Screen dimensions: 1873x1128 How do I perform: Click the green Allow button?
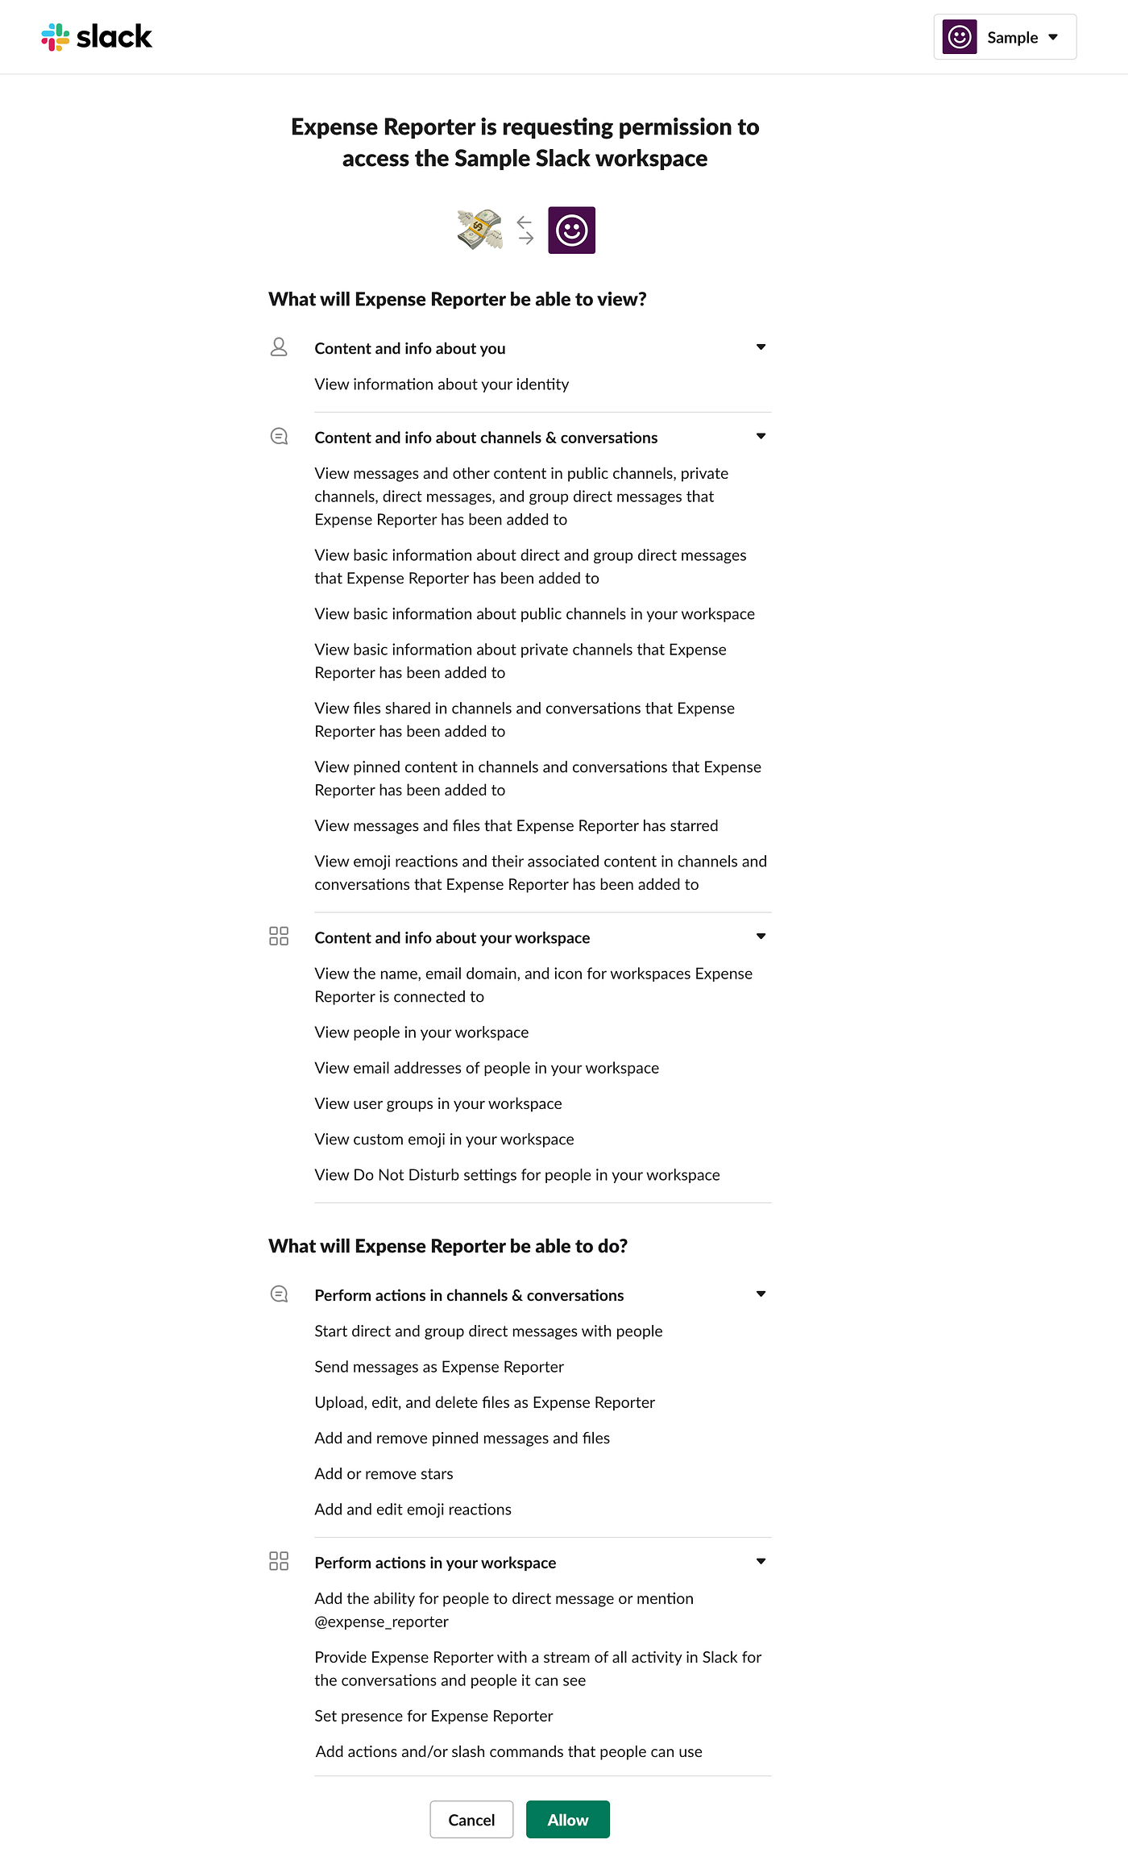coord(567,1819)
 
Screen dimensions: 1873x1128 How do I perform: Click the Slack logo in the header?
coord(97,37)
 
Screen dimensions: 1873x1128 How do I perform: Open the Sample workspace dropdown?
coord(1005,37)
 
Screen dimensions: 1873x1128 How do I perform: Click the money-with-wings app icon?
coord(479,230)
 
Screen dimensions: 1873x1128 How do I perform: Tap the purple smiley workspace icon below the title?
coord(571,230)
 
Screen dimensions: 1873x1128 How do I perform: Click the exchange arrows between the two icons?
coord(525,230)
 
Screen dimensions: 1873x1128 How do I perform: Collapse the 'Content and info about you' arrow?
coord(761,347)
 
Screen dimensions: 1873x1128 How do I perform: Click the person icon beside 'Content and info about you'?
coord(279,347)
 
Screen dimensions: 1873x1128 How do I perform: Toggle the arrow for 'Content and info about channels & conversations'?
coord(761,437)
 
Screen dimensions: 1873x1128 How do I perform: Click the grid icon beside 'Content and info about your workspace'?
coord(279,936)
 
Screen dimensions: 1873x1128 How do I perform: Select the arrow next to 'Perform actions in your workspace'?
coord(761,1561)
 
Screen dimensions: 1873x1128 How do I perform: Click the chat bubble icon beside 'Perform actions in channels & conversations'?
coord(279,1294)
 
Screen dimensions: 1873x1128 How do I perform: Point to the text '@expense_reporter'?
coord(381,1621)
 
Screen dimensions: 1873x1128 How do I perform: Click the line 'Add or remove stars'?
coord(384,1473)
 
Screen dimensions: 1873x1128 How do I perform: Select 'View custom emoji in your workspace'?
coord(444,1139)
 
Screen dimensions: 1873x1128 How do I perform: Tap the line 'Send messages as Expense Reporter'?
coord(439,1366)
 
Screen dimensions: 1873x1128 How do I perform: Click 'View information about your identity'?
coord(442,384)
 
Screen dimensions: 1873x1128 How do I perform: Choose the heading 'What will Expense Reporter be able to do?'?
coord(448,1246)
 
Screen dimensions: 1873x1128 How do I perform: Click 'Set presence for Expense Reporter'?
coord(433,1716)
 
